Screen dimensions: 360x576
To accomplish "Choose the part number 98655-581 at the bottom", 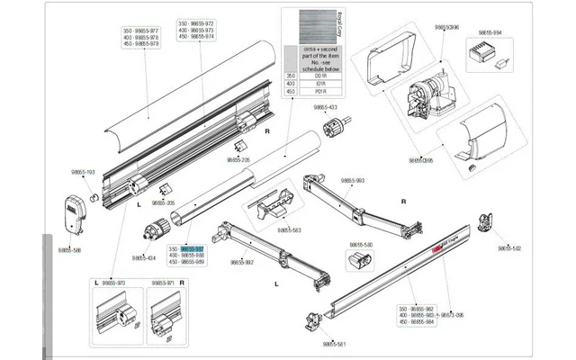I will point(334,344).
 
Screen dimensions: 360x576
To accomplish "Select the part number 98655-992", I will point(242,262).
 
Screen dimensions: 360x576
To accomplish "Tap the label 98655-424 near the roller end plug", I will point(144,257).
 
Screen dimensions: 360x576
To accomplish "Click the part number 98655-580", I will point(361,244).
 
